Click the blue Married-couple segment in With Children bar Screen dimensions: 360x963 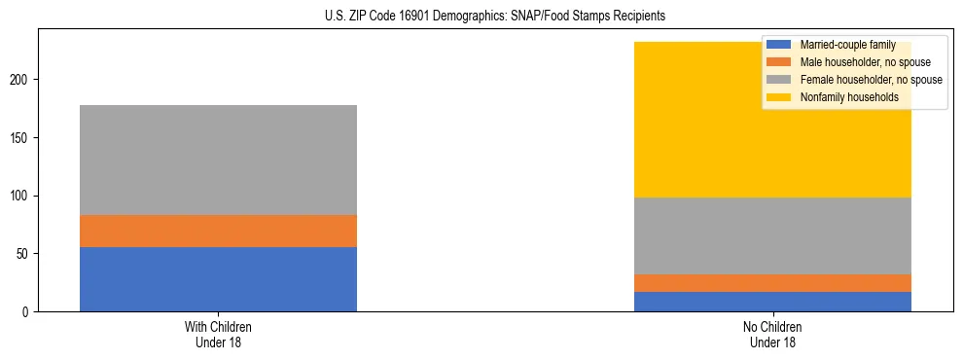(x=218, y=279)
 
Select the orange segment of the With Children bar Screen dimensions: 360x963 (x=218, y=231)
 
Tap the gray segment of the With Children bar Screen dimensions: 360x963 (x=218, y=160)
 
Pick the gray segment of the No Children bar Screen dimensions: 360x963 (x=772, y=235)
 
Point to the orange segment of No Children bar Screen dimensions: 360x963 (x=772, y=283)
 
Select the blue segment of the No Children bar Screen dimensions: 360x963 (x=772, y=302)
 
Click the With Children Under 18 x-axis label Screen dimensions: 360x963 (x=218, y=335)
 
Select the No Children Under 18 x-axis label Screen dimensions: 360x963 (x=772, y=335)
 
